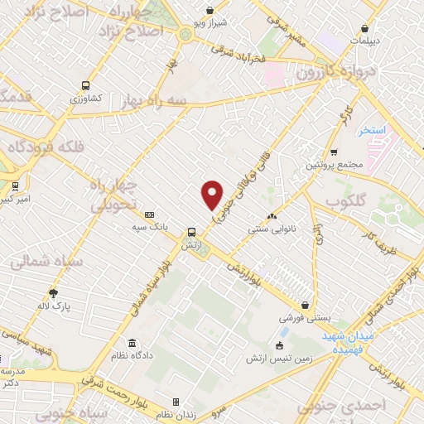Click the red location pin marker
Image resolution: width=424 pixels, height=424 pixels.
[213, 195]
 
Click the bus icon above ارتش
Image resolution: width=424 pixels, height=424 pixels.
[191, 232]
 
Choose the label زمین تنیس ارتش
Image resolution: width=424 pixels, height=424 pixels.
[276, 359]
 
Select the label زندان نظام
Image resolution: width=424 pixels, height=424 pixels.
[176, 414]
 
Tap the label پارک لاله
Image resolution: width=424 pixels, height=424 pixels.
[53, 306]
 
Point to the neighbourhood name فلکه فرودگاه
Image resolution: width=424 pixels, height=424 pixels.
[48, 147]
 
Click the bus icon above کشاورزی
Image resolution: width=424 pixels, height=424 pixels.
[85, 85]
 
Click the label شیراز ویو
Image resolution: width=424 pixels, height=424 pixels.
[210, 22]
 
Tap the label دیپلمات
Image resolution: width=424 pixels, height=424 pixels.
[365, 40]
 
